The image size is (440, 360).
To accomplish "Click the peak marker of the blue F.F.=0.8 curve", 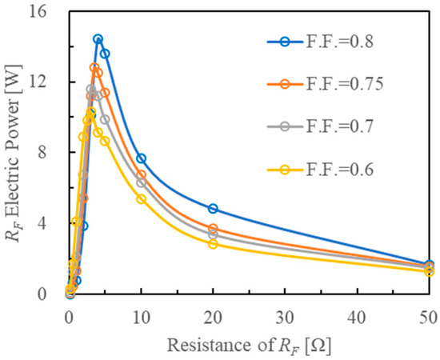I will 98,39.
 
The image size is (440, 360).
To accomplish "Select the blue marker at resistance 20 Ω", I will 213,209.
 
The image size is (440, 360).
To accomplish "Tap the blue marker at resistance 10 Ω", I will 141,158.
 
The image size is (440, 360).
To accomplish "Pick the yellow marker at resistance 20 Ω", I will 213,244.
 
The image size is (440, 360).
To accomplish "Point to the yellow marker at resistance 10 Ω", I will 141,198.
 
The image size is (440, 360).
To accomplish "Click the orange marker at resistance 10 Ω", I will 141,174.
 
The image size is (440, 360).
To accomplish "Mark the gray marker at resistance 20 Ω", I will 213,234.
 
